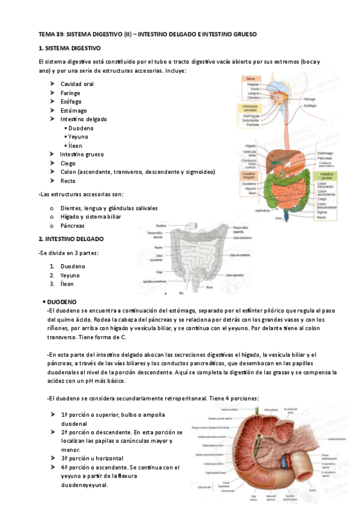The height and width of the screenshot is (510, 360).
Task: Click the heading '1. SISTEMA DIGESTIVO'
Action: (69, 48)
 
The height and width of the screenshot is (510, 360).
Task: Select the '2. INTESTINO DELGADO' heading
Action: (70, 239)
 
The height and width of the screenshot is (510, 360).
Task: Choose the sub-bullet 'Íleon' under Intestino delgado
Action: (75, 146)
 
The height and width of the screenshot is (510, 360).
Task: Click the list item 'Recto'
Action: (68, 180)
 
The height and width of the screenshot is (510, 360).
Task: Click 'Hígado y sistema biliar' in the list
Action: (91, 217)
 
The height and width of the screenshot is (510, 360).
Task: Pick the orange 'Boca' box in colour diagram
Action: (251, 79)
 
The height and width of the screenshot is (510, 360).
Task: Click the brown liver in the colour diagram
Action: (280, 150)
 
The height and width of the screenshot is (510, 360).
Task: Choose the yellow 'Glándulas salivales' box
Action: (250, 108)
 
